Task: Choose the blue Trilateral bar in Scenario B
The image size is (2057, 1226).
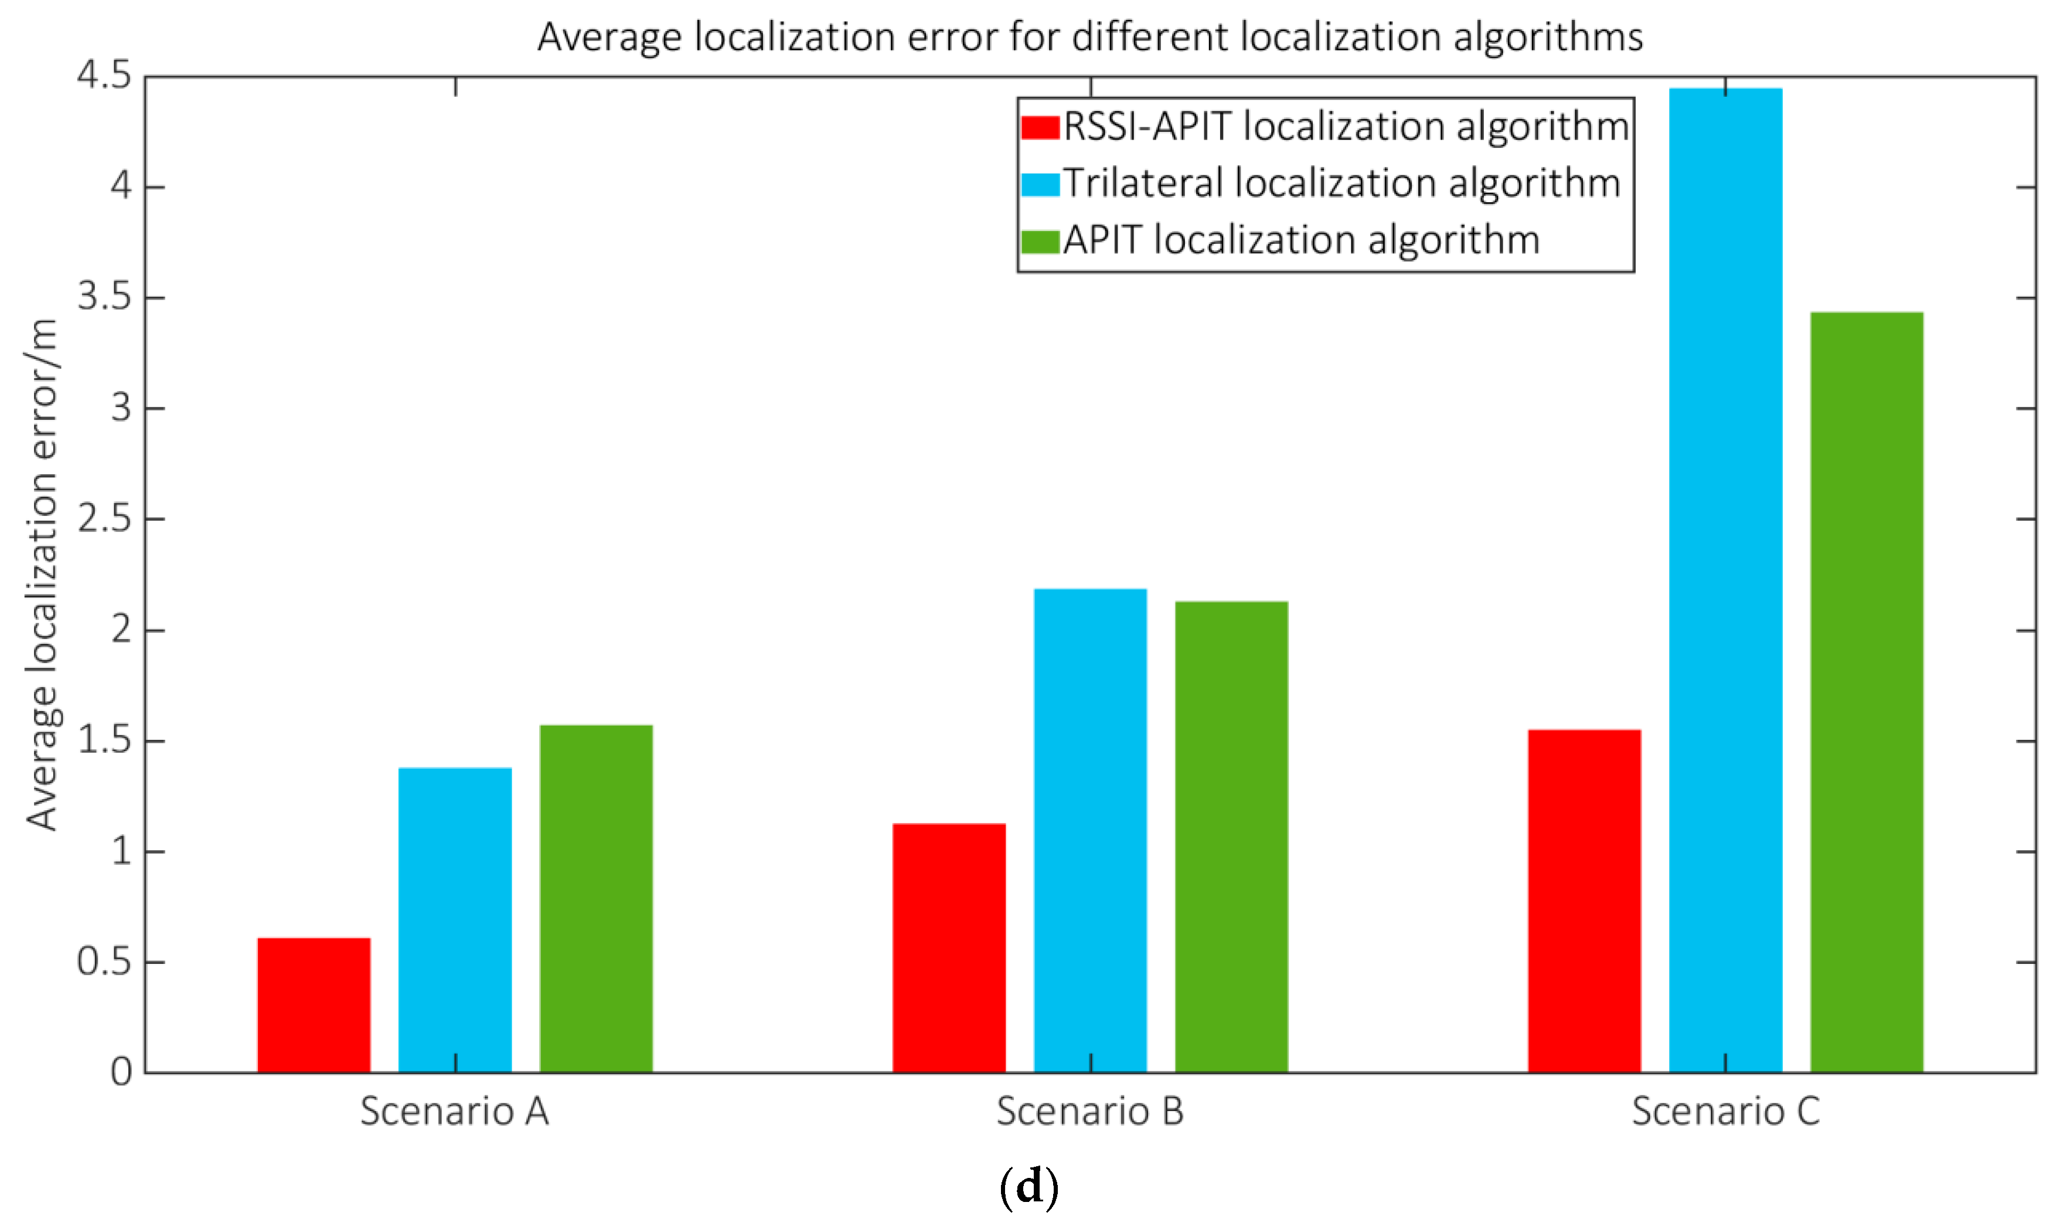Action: pos(1090,830)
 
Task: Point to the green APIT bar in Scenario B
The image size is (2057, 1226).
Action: pos(1231,836)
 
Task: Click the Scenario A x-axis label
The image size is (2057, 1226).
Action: pos(454,1111)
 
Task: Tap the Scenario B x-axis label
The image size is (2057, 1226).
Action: pos(1090,1111)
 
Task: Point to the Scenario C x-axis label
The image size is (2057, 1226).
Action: pos(1725,1111)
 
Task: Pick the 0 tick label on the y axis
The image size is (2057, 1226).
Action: pos(121,1072)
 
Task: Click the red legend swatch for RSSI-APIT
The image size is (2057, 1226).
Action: pos(1040,127)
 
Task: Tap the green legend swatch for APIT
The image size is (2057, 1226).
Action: pos(1040,241)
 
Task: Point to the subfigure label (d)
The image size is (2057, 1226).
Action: pos(1028,1188)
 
